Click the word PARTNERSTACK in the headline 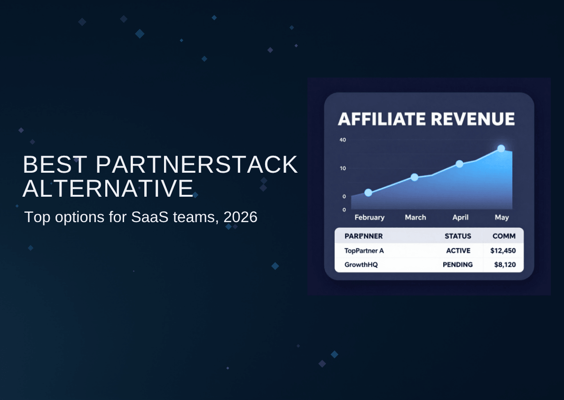click(x=196, y=165)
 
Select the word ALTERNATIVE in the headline click(x=108, y=188)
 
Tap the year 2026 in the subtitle click(x=240, y=217)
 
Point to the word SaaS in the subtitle click(x=149, y=217)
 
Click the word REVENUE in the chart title click(x=473, y=119)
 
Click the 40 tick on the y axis click(x=343, y=140)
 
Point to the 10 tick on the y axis click(x=343, y=168)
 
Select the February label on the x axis click(x=369, y=217)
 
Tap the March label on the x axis click(x=415, y=217)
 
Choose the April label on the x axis click(x=460, y=217)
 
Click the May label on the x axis click(x=501, y=217)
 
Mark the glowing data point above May click(x=501, y=148)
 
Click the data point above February click(x=368, y=192)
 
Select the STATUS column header click(x=458, y=236)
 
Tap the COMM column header click(x=504, y=236)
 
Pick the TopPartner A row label click(x=364, y=251)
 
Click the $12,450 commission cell click(x=503, y=250)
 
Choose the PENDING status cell click(x=457, y=264)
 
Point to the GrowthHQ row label click(x=361, y=264)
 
